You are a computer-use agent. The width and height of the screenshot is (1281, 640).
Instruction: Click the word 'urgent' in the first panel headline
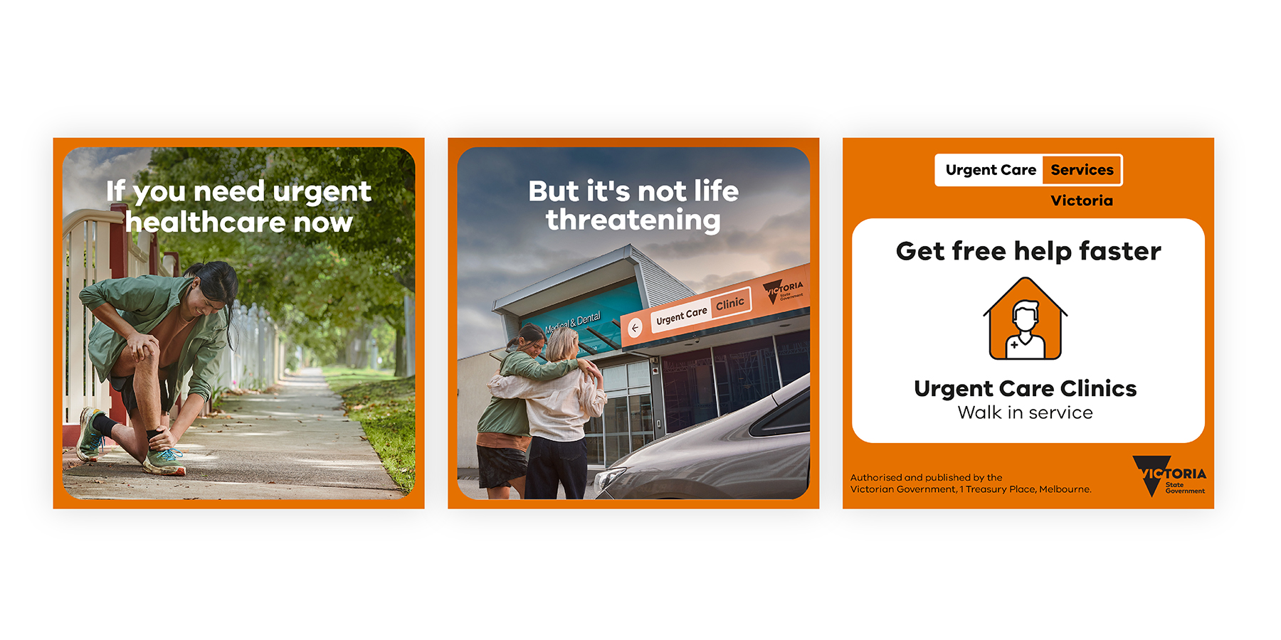tap(322, 192)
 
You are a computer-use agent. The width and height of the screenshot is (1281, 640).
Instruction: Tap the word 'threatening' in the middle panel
tap(633, 220)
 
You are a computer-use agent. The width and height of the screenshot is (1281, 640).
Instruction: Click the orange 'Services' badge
tap(1082, 170)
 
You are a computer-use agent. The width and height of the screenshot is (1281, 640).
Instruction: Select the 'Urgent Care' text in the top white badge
tap(991, 170)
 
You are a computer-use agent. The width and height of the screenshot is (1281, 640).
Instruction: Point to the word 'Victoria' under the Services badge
tap(1082, 201)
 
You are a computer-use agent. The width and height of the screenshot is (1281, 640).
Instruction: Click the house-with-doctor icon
tap(1026, 319)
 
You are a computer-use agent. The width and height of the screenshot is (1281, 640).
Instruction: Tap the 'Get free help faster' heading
tap(1028, 252)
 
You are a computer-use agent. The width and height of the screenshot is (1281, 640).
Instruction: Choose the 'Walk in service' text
tap(1025, 412)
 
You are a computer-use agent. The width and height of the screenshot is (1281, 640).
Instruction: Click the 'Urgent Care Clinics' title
tap(1025, 388)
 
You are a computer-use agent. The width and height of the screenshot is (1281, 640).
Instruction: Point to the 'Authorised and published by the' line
tap(926, 478)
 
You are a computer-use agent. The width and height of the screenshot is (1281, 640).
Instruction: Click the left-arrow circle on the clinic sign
tap(634, 328)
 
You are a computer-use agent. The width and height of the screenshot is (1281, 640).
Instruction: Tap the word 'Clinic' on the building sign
tap(730, 304)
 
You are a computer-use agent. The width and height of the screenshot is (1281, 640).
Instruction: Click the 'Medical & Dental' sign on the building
tap(573, 323)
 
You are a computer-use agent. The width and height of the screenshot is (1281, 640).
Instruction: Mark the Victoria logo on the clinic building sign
tap(783, 291)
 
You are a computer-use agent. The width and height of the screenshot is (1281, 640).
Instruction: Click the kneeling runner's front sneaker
tap(165, 462)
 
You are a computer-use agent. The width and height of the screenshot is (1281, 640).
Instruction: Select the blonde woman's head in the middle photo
tap(563, 344)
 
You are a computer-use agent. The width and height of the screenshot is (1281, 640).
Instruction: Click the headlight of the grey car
tap(611, 481)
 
